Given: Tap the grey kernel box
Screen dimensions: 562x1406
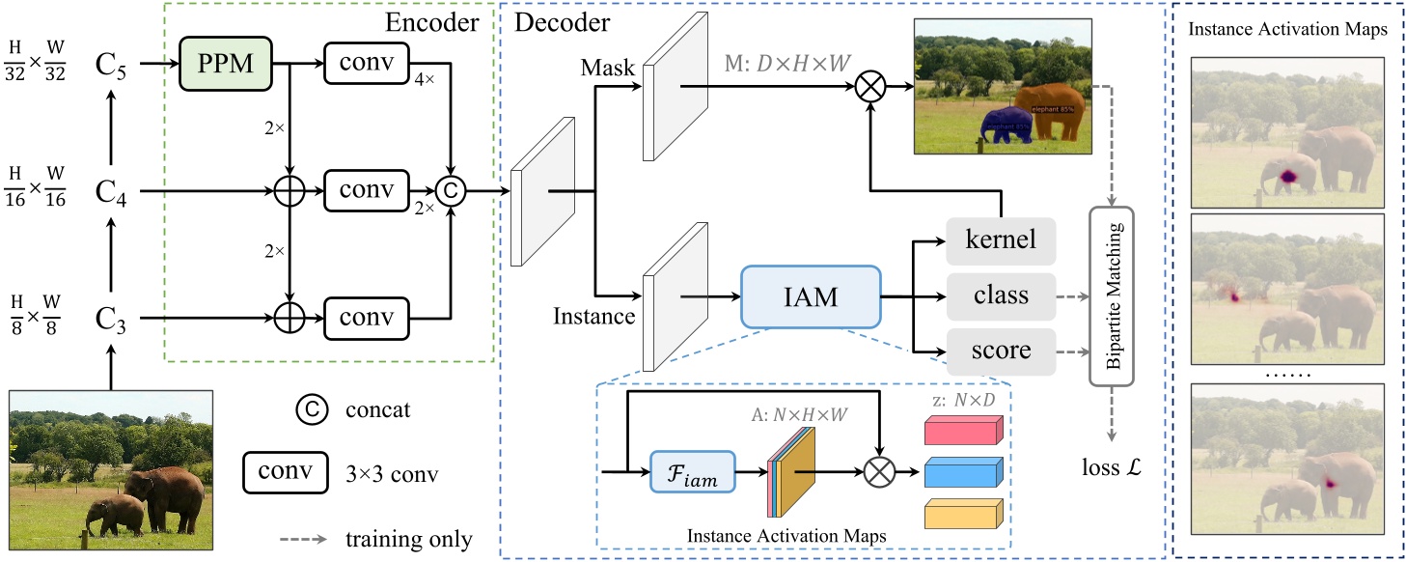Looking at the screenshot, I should (1000, 239).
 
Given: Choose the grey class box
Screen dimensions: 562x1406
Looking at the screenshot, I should (1000, 295).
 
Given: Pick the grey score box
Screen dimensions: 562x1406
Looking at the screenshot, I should (1000, 350).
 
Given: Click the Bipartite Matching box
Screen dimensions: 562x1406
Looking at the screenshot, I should (1113, 295).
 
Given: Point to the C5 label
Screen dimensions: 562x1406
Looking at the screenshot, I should (111, 66).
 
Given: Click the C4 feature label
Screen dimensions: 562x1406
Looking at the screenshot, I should (111, 191).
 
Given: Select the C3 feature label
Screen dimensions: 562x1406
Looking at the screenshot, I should (111, 318).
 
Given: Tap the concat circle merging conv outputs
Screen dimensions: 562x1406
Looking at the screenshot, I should (450, 191).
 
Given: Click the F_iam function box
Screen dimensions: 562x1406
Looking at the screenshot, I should (693, 473).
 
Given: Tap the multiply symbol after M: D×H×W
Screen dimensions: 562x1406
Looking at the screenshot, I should (870, 86).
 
